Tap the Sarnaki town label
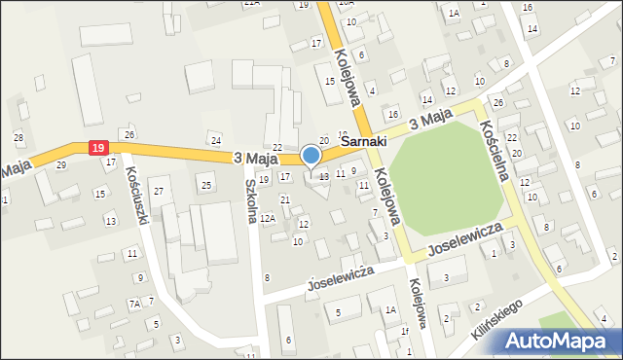click(365, 141)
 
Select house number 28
click(18, 137)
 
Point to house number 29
click(61, 164)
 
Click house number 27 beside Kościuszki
click(158, 180)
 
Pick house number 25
click(205, 185)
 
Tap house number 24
click(216, 141)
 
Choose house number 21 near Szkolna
click(285, 199)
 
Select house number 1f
click(405, 332)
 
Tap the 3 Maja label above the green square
click(431, 121)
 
